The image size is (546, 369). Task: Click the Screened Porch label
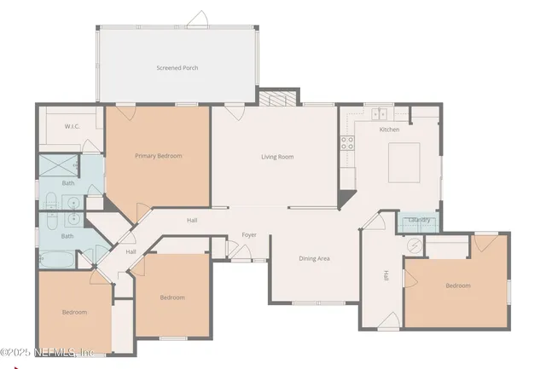click(177, 67)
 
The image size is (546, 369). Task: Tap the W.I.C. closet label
click(73, 127)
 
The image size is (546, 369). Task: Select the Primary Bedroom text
click(158, 156)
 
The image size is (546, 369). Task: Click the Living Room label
click(277, 157)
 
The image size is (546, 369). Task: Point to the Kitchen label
click(389, 130)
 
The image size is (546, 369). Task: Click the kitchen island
click(405, 162)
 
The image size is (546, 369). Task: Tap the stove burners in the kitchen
click(347, 143)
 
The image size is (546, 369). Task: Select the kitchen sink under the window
click(380, 113)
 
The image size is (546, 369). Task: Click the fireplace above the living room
click(279, 100)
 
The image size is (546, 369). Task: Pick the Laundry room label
click(419, 220)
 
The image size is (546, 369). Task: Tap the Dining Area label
click(314, 258)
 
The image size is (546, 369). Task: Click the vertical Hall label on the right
click(386, 276)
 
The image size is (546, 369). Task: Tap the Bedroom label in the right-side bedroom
click(457, 285)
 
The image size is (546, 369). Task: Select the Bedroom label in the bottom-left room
click(74, 312)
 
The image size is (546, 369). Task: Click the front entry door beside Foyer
click(238, 251)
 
